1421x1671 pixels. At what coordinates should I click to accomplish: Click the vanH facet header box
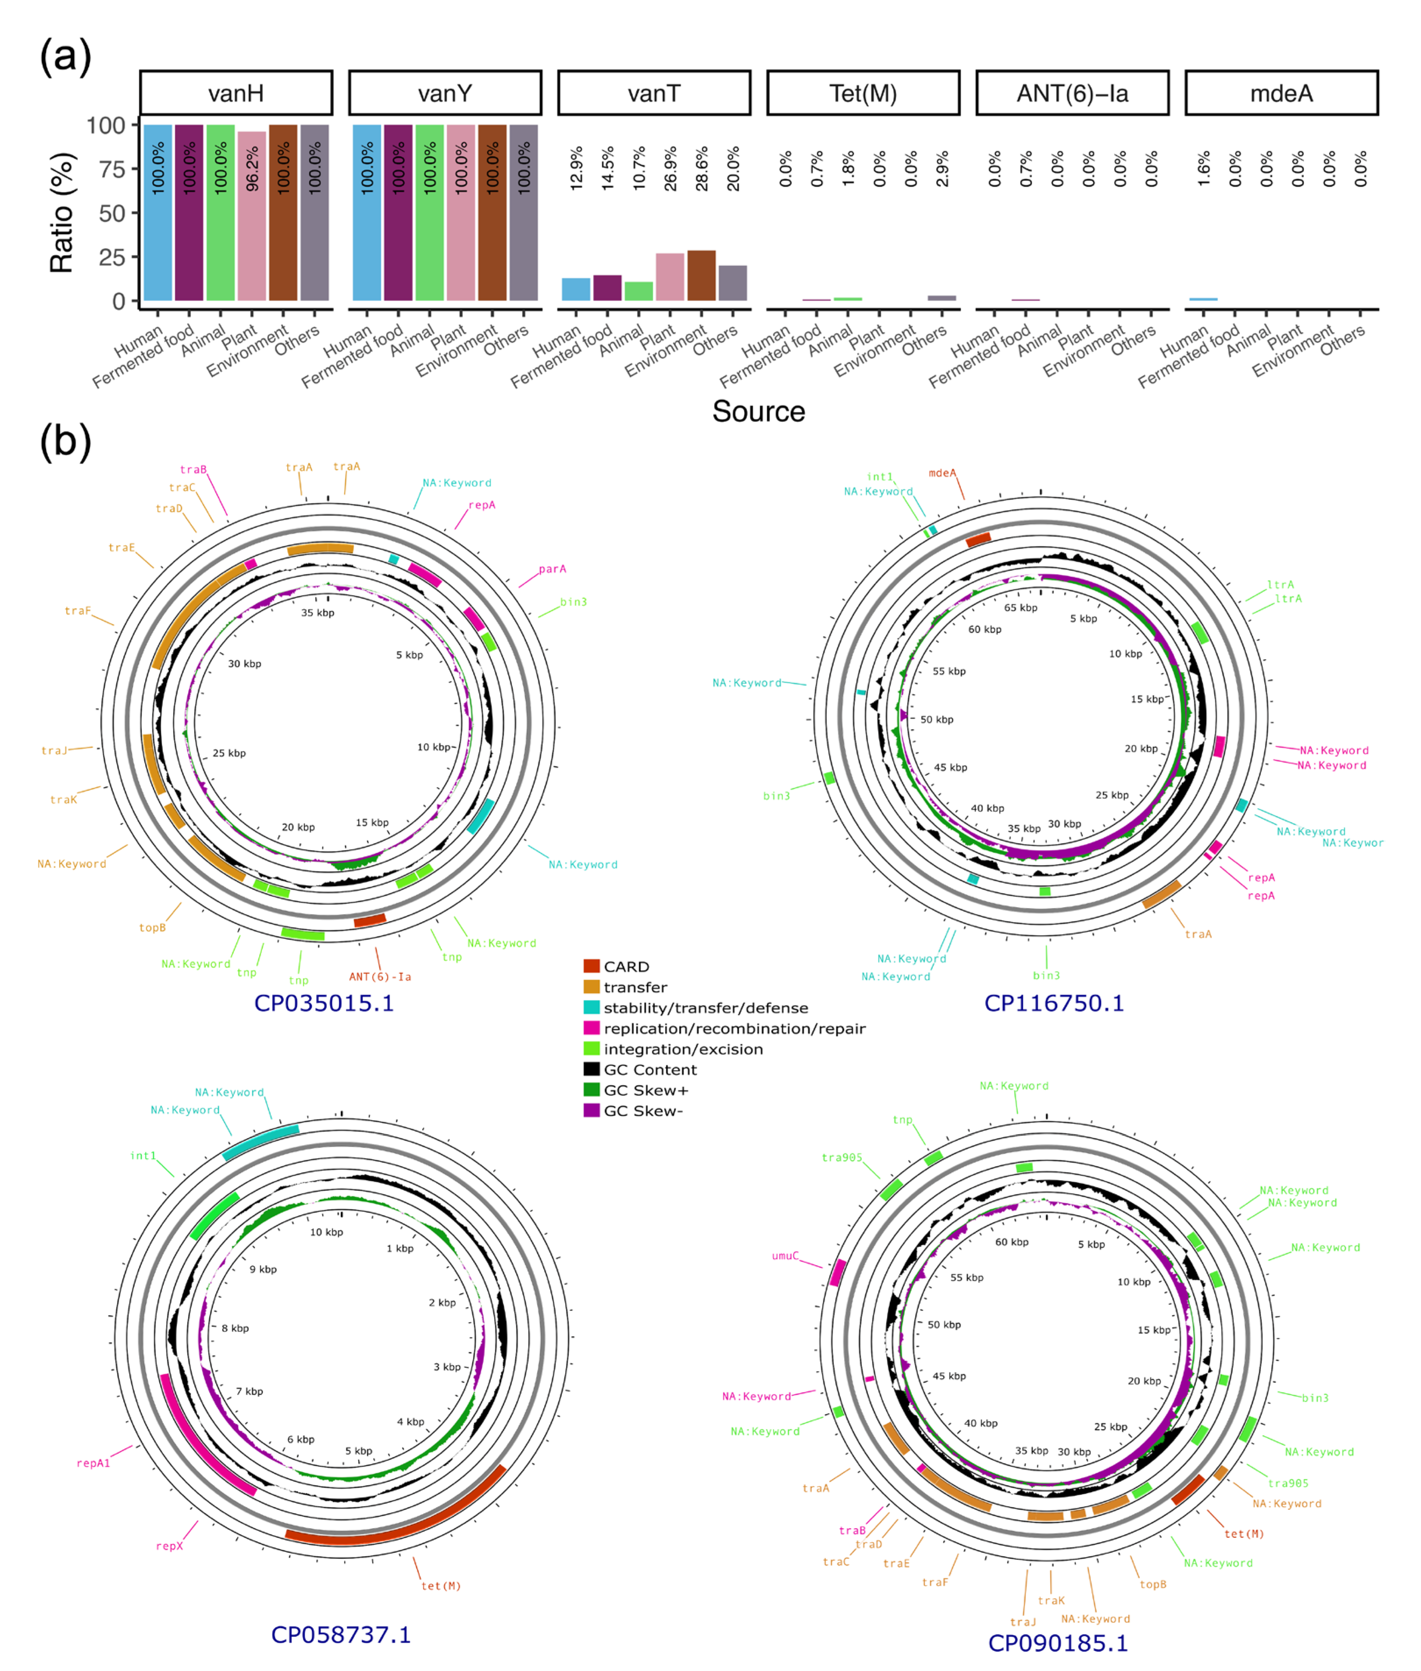point(236,93)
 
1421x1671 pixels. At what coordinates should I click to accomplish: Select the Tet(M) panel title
point(863,93)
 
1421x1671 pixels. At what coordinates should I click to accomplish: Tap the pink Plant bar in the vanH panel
point(252,216)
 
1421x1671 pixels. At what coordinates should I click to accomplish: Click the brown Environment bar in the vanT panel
point(702,276)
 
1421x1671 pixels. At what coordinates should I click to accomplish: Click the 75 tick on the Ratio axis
point(107,169)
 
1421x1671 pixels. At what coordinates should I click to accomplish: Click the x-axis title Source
point(758,412)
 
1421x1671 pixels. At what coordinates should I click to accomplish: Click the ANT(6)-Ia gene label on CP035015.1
point(379,977)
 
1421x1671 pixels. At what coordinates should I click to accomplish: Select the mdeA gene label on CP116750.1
point(942,473)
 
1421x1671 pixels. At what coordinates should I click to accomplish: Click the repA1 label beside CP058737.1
point(93,1463)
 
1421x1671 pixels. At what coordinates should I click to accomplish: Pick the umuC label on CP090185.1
point(785,1256)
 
